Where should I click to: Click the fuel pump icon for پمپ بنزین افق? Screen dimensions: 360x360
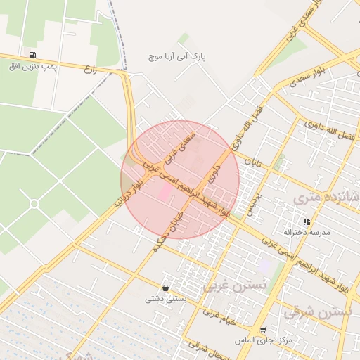pyautogui.click(x=32, y=56)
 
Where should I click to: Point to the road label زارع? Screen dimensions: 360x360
pyautogui.click(x=89, y=69)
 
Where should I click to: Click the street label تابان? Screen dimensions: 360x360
pyautogui.click(x=252, y=162)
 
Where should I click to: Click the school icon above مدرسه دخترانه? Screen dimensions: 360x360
pyautogui.click(x=307, y=221)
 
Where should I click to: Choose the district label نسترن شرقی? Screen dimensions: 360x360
pyautogui.click(x=321, y=310)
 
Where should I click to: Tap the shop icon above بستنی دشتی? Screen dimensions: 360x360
pyautogui.click(x=165, y=288)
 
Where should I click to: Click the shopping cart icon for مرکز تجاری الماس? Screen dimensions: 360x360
pyautogui.click(x=263, y=330)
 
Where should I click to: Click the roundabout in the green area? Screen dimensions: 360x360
pyautogui.click(x=34, y=203)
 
